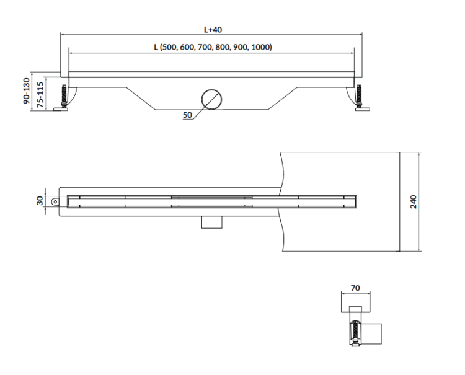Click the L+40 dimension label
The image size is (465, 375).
click(x=213, y=30)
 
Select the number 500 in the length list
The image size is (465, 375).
click(x=170, y=47)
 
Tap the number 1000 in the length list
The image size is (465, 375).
click(x=260, y=47)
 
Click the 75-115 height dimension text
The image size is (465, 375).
click(x=41, y=94)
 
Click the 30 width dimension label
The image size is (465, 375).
click(x=40, y=201)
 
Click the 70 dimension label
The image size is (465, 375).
click(x=356, y=288)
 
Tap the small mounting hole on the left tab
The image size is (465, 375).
click(x=56, y=201)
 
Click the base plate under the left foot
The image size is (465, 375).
click(x=61, y=110)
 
